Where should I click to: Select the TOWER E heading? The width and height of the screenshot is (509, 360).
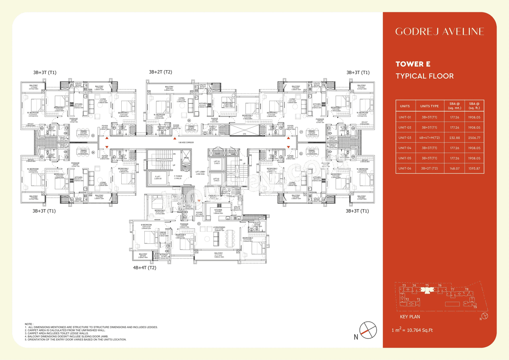click(x=413, y=64)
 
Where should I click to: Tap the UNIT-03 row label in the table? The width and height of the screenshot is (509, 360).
click(x=405, y=138)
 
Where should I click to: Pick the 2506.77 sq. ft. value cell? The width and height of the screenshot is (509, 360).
click(x=474, y=138)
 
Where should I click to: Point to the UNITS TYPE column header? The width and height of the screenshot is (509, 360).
click(x=429, y=106)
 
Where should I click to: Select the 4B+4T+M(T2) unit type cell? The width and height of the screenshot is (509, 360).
click(x=429, y=138)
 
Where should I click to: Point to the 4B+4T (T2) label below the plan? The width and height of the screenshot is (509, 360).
click(x=144, y=268)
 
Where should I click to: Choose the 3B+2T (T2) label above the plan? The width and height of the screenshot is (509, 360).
click(x=160, y=72)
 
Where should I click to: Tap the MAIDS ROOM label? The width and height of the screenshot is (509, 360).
click(x=213, y=196)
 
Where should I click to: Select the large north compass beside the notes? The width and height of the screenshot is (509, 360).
click(x=368, y=330)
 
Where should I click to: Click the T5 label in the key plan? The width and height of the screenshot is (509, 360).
click(x=427, y=285)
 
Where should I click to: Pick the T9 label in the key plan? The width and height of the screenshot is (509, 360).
click(x=474, y=307)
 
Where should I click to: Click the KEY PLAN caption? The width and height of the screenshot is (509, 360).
click(x=410, y=317)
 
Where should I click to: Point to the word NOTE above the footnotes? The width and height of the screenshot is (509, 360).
click(x=29, y=324)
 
